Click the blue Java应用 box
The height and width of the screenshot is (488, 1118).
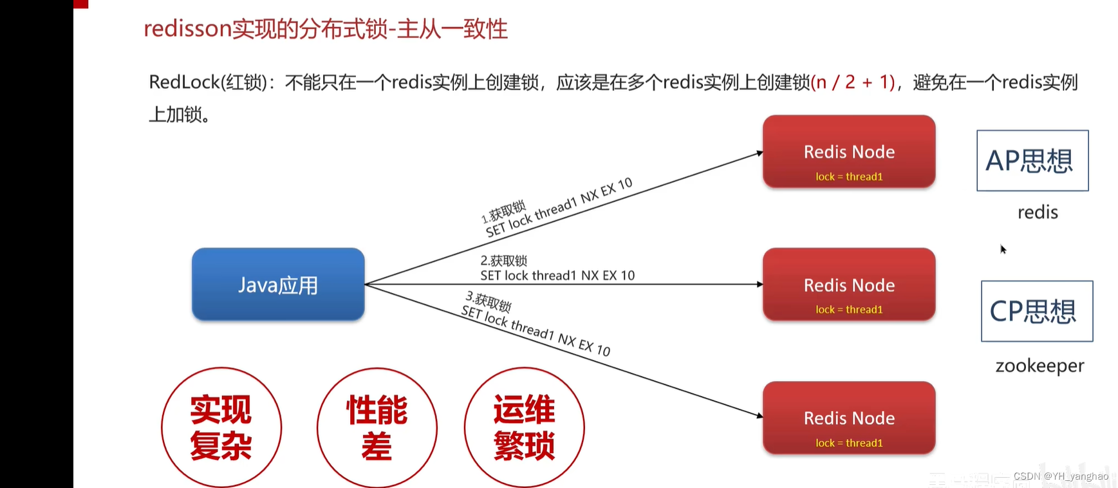point(278,285)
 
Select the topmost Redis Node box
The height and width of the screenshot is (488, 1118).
point(848,152)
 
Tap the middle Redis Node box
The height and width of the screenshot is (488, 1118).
point(848,285)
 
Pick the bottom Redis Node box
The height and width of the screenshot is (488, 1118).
point(848,418)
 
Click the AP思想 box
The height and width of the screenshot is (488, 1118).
point(1032,161)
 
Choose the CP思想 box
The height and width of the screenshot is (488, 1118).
point(1036,311)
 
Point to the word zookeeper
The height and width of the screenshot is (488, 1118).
point(1039,366)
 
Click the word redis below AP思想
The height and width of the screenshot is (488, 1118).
point(1037,212)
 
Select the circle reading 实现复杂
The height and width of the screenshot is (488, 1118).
point(221,427)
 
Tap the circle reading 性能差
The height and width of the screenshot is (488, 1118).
point(377,427)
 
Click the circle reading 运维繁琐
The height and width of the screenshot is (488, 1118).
point(524,427)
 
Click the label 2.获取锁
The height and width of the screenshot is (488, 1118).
point(503,261)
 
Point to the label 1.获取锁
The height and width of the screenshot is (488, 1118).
point(504,212)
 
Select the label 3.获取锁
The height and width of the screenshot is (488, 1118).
point(489,301)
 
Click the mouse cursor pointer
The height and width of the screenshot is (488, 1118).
point(1003,249)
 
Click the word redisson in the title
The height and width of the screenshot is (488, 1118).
point(187,29)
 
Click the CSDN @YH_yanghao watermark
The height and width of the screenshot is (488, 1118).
point(1060,476)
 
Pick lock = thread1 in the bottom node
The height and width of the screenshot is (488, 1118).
point(848,443)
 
